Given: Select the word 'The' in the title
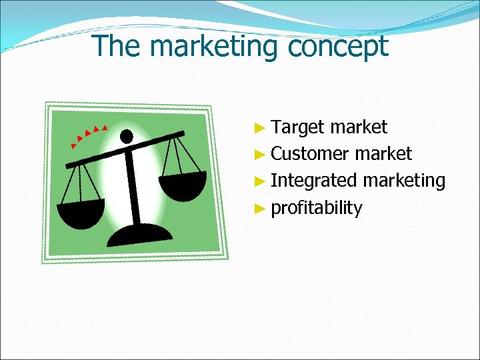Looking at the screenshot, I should [x=115, y=47].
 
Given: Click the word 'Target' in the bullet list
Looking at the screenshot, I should [x=298, y=127].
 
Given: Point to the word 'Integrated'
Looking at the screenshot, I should [x=314, y=181].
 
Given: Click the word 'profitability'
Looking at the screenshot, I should [x=317, y=208].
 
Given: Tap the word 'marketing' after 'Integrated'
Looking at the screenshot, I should [x=404, y=181].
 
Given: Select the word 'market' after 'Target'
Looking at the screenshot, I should [x=358, y=127].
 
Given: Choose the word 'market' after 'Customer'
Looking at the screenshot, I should [x=383, y=154].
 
